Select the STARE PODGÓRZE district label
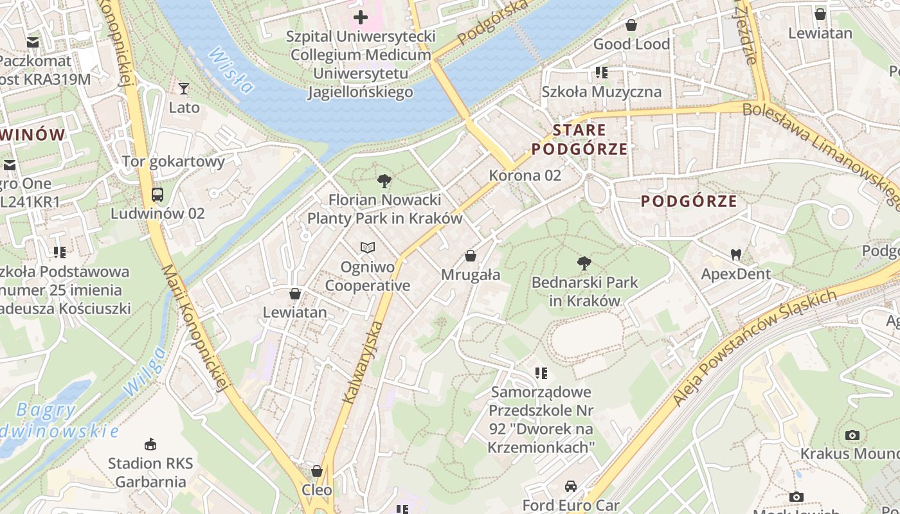(x=579, y=139)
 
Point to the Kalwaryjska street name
(x=363, y=364)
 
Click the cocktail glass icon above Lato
(x=184, y=89)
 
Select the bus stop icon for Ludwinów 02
(x=157, y=194)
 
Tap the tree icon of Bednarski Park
(x=584, y=263)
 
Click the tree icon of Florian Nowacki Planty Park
(x=384, y=181)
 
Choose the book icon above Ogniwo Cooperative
(x=367, y=247)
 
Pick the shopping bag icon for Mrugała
(x=471, y=256)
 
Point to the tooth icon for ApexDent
(x=736, y=254)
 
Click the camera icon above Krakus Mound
(x=852, y=435)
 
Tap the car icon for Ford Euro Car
(x=570, y=486)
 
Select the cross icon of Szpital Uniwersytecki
(x=361, y=17)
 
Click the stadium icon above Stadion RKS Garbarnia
(x=150, y=444)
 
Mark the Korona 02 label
(x=525, y=175)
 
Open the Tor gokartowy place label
(x=173, y=161)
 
